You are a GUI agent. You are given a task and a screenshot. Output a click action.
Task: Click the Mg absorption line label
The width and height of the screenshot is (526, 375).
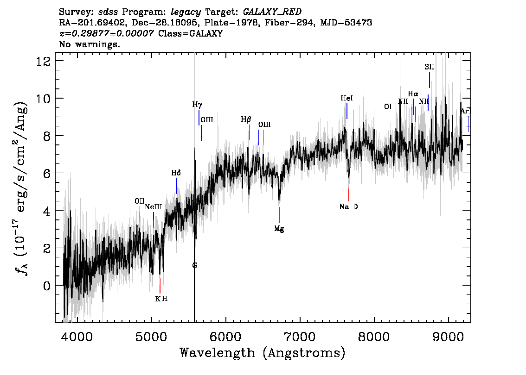click(279, 229)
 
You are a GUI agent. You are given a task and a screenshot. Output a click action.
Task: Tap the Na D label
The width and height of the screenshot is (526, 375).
click(348, 206)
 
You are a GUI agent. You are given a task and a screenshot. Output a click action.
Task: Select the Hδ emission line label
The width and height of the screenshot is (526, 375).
click(176, 173)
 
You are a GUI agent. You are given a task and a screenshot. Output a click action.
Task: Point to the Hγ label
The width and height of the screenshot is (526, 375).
click(197, 105)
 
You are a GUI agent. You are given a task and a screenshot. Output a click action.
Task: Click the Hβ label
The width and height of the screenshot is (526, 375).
click(246, 119)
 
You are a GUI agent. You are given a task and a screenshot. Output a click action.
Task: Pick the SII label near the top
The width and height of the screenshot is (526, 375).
click(430, 67)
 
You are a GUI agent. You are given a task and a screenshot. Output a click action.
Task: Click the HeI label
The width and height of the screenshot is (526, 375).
click(346, 98)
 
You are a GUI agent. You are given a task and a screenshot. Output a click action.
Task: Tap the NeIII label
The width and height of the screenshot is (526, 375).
click(154, 207)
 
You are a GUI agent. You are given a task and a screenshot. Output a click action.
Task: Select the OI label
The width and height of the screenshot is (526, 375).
click(388, 106)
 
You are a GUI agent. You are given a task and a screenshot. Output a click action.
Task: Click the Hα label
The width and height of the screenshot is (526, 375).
click(413, 94)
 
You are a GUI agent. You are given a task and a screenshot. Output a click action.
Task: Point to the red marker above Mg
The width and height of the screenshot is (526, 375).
click(279, 215)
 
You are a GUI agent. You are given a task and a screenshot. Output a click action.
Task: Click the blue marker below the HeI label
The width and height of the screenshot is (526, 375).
click(347, 111)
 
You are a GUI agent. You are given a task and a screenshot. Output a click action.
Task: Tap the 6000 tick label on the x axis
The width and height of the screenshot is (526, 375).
click(226, 337)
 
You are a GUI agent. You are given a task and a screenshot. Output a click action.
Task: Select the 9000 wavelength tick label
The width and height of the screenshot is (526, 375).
click(448, 337)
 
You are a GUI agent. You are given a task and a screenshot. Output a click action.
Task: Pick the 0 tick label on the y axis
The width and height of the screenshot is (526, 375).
click(47, 286)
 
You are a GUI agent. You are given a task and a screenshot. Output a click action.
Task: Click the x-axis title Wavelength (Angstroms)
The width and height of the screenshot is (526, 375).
click(263, 353)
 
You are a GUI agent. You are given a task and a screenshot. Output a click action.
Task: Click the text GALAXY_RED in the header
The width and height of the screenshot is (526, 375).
click(272, 12)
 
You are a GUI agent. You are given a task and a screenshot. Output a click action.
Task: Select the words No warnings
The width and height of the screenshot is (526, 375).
click(89, 44)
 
